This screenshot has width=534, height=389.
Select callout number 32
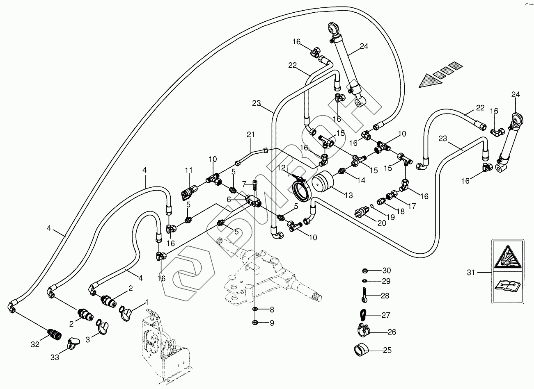[35, 345]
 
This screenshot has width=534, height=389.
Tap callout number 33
[55, 357]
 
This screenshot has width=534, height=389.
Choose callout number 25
[387, 350]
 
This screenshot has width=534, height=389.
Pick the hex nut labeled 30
[364, 271]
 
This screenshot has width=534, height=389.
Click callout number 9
[271, 323]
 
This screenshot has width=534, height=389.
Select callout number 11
[188, 170]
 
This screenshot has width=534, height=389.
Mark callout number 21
[251, 134]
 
